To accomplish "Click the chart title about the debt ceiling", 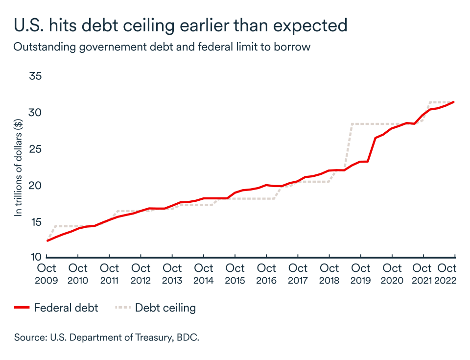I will point(181,25).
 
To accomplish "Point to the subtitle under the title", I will point(162,48).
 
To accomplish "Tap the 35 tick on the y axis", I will point(36,77).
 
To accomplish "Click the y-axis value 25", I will point(36,149).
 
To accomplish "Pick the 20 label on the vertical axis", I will point(36,186).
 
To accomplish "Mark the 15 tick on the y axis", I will point(36,222).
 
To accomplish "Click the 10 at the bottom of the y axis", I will point(36,257).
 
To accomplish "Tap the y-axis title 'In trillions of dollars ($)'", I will point(19,168).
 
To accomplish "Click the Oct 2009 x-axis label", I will point(47,274).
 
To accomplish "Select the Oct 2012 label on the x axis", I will point(141,274).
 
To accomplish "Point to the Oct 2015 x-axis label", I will point(235,274).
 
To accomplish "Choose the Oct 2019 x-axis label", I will point(361,274).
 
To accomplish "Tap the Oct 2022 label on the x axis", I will point(447,274).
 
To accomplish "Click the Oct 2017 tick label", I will point(298,274).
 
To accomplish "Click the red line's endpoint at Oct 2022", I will point(454,102).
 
